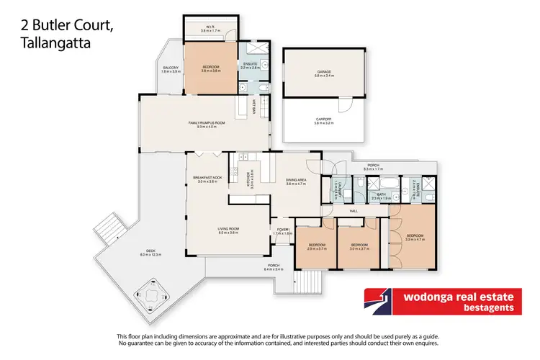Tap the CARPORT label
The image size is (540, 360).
pyautogui.click(x=324, y=119)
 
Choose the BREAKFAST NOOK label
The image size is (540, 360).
pyautogui.click(x=207, y=177)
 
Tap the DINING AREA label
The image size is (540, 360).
pyautogui.click(x=297, y=180)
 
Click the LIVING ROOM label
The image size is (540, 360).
pyautogui.click(x=228, y=230)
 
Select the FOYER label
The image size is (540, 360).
pyautogui.click(x=282, y=230)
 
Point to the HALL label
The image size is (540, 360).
pyautogui.click(x=354, y=211)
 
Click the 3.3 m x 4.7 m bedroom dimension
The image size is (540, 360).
pyautogui.click(x=414, y=240)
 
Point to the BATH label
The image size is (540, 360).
pyautogui.click(x=382, y=193)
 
